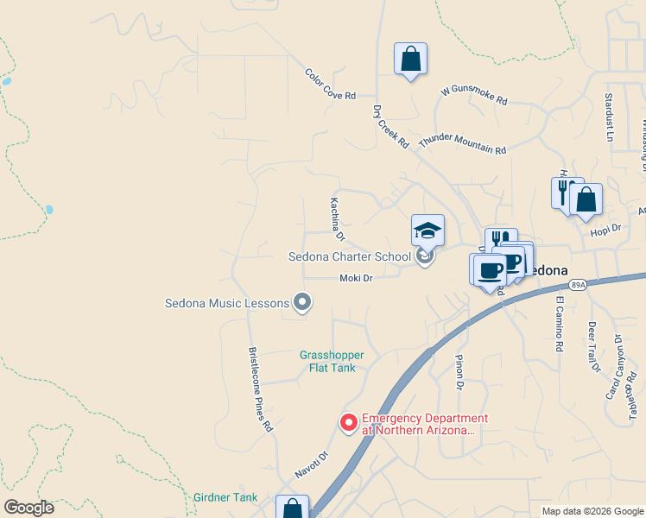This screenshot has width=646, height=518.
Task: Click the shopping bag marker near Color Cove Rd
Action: (x=410, y=60)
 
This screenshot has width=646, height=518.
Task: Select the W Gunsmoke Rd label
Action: (x=473, y=94)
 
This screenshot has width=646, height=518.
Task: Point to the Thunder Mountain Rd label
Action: (x=462, y=143)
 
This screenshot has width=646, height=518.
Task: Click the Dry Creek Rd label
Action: (x=390, y=127)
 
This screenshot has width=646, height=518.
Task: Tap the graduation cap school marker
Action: (x=427, y=231)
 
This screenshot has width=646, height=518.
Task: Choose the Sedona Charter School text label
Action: (x=349, y=256)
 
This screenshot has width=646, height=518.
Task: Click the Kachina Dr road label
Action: (x=337, y=218)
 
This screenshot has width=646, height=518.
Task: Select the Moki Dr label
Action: (x=356, y=278)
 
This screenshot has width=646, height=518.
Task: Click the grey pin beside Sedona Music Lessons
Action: (x=302, y=302)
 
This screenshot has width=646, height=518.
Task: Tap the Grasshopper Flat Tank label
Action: (x=332, y=361)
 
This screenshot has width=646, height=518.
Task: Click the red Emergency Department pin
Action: (x=349, y=422)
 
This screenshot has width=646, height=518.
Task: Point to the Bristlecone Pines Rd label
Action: (x=261, y=389)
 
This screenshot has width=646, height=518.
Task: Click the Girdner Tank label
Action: (x=225, y=497)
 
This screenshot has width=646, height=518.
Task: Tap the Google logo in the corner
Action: (x=28, y=507)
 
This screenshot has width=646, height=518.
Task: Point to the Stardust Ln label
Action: (x=609, y=117)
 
